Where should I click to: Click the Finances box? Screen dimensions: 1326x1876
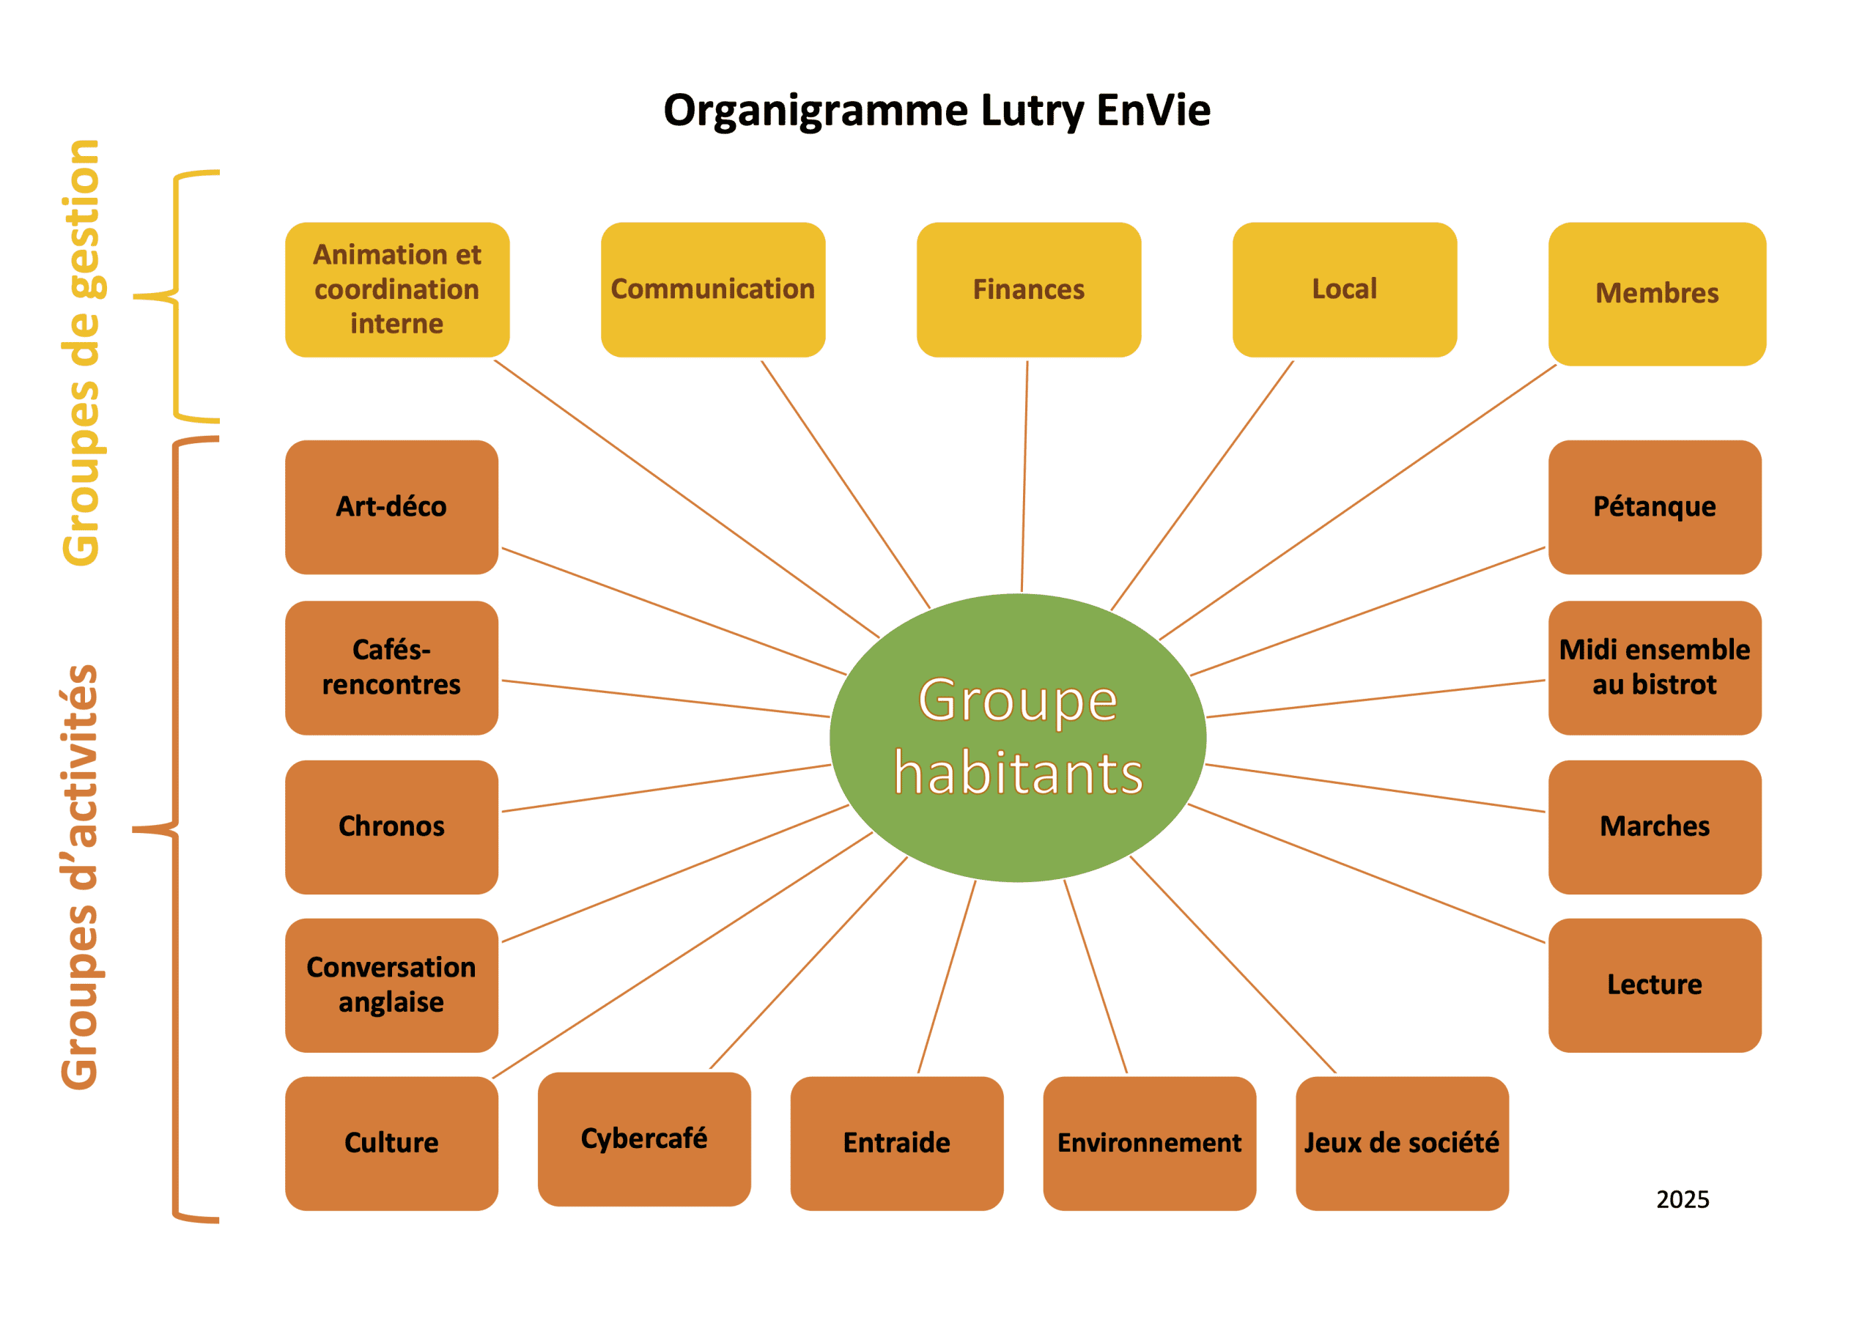[1028, 289]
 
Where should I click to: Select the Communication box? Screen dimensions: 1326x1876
[712, 289]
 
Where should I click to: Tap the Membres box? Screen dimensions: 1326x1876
[1656, 293]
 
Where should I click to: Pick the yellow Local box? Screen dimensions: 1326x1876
[1344, 289]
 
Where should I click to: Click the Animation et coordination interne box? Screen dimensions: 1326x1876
[397, 289]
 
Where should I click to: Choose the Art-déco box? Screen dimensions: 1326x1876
[391, 506]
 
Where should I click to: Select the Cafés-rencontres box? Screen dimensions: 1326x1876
[391, 667]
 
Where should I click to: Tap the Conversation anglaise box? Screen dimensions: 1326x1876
[391, 985]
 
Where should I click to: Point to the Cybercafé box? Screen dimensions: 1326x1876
[644, 1138]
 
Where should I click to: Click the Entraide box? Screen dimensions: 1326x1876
[896, 1143]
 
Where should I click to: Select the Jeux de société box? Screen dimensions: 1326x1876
[1401, 1143]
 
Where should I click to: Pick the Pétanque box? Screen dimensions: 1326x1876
[1654, 506]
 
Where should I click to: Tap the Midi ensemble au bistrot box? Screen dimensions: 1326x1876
[1654, 667]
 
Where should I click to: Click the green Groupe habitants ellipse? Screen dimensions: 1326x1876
[1017, 737]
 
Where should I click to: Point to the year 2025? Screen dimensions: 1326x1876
[1683, 1199]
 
